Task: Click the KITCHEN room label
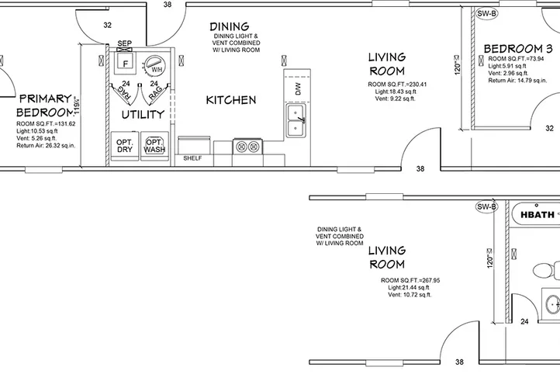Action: tap(230, 100)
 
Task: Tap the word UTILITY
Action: tap(143, 115)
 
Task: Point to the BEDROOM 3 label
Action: tap(517, 49)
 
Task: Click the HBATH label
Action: tap(537, 215)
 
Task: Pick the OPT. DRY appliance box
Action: tap(125, 145)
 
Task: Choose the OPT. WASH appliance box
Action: tap(154, 145)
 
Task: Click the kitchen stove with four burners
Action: tap(249, 146)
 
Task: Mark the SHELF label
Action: tap(192, 158)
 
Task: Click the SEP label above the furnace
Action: tap(123, 43)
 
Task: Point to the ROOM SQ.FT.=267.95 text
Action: tap(410, 280)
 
